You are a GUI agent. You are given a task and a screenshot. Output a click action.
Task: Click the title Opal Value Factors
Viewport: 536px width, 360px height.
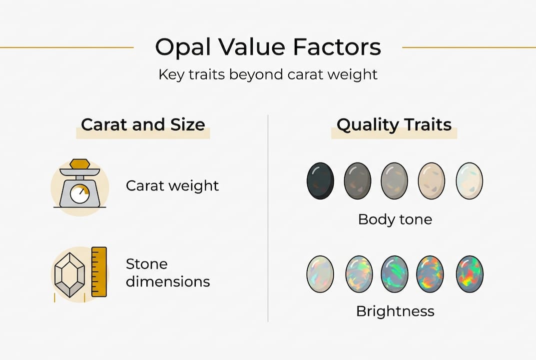pyautogui.click(x=268, y=47)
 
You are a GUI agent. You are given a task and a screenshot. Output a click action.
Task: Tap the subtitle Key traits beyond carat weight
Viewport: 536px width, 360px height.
pyautogui.click(x=268, y=75)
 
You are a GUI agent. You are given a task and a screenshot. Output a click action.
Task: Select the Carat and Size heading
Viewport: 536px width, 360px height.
pyautogui.click(x=143, y=124)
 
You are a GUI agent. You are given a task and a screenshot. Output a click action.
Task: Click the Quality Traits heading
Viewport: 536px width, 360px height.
pyautogui.click(x=394, y=124)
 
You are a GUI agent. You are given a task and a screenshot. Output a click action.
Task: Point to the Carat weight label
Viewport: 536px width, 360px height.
pyautogui.click(x=172, y=186)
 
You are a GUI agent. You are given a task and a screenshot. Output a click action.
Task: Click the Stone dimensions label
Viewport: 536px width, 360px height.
pyautogui.click(x=167, y=272)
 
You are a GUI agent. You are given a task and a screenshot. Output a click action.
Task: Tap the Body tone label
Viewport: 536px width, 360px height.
pyautogui.click(x=395, y=219)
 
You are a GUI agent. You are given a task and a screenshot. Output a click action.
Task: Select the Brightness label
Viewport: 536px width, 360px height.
pyautogui.click(x=395, y=311)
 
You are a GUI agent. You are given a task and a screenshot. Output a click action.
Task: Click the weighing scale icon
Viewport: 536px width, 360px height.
pyautogui.click(x=79, y=184)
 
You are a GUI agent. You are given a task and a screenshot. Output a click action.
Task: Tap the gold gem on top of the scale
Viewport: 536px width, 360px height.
pyautogui.click(x=79, y=164)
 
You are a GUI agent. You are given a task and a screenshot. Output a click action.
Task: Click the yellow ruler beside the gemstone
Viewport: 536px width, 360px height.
pyautogui.click(x=99, y=271)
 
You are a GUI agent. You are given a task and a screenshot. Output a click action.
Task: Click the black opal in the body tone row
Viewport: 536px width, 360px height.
pyautogui.click(x=320, y=180)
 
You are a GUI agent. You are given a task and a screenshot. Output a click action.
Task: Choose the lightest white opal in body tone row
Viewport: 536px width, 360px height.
pyautogui.click(x=469, y=180)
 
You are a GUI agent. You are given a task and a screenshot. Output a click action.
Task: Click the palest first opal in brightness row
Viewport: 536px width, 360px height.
pyautogui.click(x=320, y=273)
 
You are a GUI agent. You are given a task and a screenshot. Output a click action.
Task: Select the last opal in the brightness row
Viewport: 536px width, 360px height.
pyautogui.click(x=469, y=273)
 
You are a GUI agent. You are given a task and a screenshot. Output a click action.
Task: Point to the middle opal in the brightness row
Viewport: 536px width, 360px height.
pyautogui.click(x=395, y=273)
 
